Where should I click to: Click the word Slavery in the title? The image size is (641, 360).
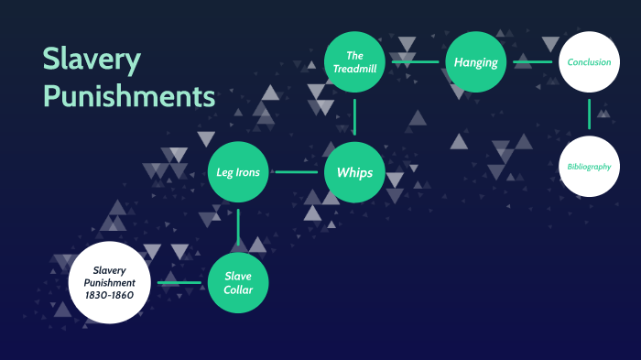pos(92,60)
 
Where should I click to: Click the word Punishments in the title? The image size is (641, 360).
pos(129,95)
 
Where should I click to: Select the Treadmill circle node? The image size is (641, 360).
pos(354,62)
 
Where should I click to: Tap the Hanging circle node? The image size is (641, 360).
pos(476,62)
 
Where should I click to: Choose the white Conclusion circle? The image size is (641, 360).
pos(589,62)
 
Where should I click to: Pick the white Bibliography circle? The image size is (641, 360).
pos(589,166)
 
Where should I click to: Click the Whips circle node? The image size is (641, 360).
pos(354,172)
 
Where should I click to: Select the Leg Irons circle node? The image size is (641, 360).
pos(238,172)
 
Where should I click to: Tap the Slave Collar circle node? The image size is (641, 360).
pos(238,283)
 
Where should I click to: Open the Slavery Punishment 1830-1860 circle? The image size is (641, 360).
pos(109,282)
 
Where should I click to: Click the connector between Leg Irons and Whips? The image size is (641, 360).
pos(296,172)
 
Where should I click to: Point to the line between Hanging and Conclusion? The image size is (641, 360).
pos(532,62)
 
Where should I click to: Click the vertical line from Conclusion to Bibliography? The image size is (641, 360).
pos(589,114)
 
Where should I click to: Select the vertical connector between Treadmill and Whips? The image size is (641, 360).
pos(354,117)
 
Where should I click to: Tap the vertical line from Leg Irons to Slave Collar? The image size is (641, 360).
pos(238,227)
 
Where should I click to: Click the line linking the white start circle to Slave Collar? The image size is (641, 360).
pos(179,283)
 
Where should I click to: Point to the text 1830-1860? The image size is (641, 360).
pos(109,294)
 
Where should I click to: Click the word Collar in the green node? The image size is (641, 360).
pos(238,290)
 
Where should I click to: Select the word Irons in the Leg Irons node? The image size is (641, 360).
pos(249,172)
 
